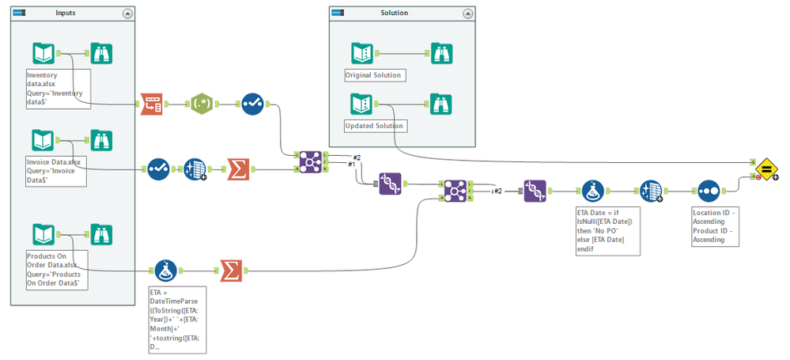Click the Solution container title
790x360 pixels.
coord(395,13)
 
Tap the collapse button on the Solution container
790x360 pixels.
coord(467,13)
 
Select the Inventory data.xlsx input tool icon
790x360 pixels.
coord(44,54)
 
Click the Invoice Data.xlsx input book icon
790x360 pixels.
coord(44,141)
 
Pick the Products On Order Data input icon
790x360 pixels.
coord(44,235)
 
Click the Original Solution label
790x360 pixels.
coord(374,76)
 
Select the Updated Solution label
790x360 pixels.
coord(375,126)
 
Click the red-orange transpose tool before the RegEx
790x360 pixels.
coord(151,104)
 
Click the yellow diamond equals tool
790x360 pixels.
coord(765,169)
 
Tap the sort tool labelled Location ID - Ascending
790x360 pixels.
coord(707,191)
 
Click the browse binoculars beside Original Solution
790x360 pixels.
coord(440,54)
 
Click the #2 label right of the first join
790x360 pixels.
coord(356,157)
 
